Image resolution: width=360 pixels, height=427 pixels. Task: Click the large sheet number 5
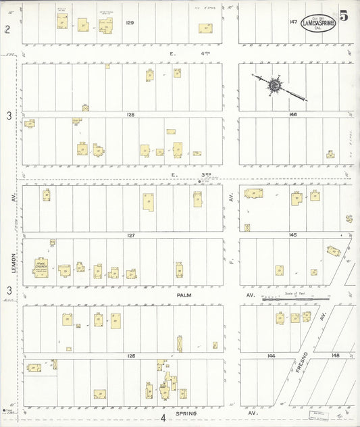(x=344, y=17)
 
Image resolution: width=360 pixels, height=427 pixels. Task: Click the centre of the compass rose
(x=275, y=86)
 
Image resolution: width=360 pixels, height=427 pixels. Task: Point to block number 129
(x=130, y=23)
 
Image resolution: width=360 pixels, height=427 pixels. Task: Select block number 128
(x=130, y=115)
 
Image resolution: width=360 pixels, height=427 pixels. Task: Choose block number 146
(x=292, y=115)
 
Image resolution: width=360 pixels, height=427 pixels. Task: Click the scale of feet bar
(x=284, y=299)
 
